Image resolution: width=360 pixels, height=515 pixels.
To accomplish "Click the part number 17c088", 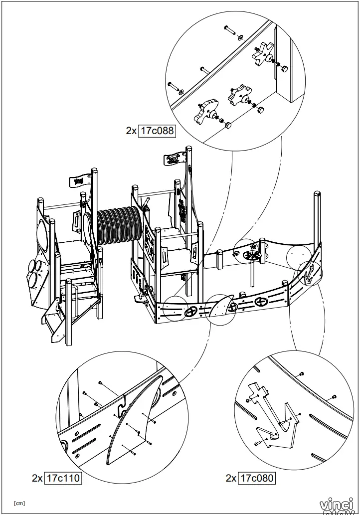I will tap(157, 131).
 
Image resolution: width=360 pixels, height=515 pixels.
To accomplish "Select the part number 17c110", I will tap(63, 478).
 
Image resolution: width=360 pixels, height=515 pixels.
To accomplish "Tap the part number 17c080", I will tap(257, 478).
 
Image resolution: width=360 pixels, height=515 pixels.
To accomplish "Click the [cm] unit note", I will tap(19, 503).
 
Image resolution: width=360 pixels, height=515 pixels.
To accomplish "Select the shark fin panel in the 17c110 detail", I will tap(135, 424).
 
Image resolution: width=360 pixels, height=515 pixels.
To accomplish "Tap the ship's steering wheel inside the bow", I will tap(253, 255).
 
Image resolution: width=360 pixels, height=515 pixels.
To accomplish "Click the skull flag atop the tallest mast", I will tap(174, 160).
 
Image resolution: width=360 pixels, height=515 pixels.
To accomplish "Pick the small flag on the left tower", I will tap(78, 180).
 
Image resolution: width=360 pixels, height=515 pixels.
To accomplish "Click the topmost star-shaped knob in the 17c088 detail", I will tap(263, 54).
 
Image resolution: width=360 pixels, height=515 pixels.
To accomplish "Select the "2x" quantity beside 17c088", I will tap(131, 131).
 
